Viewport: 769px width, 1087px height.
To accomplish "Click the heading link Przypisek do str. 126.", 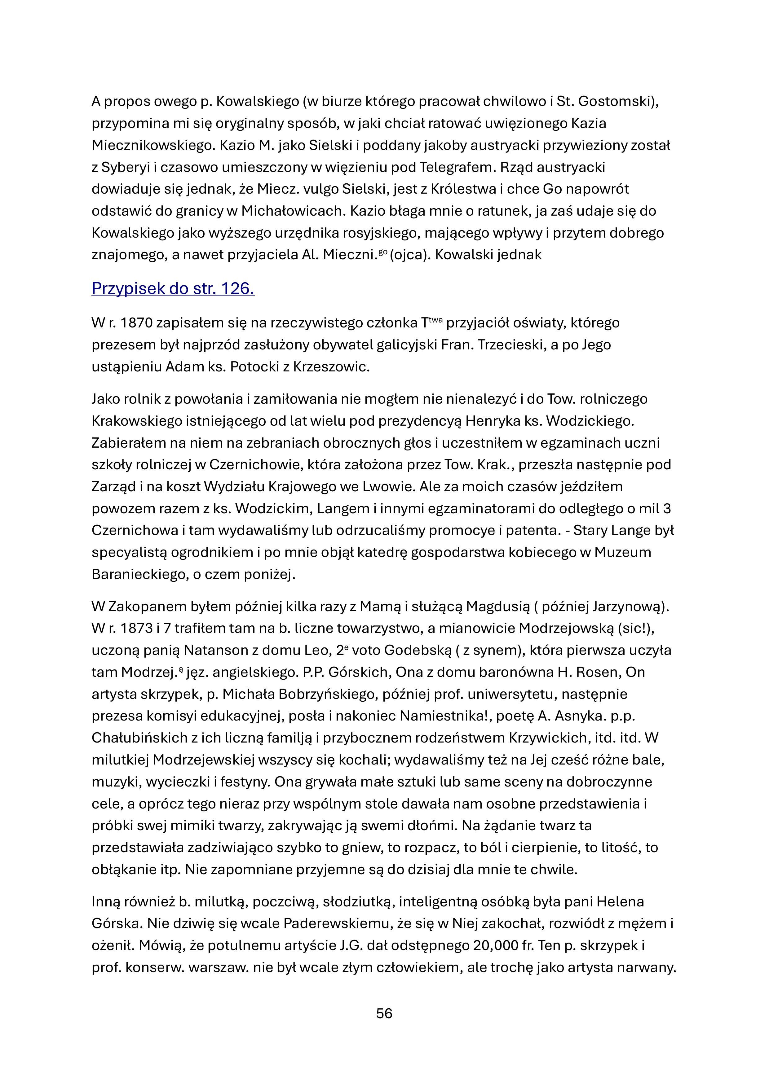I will (173, 288).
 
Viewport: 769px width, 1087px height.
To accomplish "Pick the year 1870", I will (136, 323).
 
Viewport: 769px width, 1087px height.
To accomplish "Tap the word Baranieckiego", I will (135, 574).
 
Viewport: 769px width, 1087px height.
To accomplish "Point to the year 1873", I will (136, 628).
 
